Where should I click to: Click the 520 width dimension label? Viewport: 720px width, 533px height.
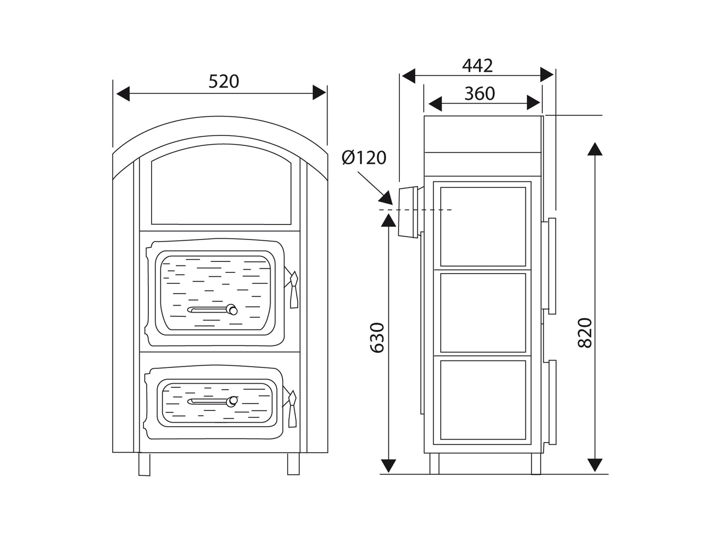tap(223, 81)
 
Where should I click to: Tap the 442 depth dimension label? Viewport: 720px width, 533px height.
tap(477, 66)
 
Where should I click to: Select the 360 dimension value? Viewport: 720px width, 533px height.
tap(480, 94)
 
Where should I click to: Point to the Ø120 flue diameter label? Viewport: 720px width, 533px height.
tap(364, 158)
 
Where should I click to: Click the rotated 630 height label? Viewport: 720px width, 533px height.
tap(377, 338)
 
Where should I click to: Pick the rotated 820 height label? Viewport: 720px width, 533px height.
tap(585, 333)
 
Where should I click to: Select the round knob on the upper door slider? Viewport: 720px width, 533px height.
tap(232, 310)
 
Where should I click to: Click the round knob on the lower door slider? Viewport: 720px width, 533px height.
tap(232, 401)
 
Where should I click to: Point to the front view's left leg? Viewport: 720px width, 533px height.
tap(144, 464)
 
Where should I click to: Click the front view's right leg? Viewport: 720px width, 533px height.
tap(293, 464)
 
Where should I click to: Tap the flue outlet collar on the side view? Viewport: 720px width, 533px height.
tap(408, 212)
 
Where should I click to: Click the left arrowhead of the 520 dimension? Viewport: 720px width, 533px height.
tap(123, 93)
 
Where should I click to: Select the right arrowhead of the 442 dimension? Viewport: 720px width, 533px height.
tap(547, 75)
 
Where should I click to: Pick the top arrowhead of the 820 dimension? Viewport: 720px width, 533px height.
tap(595, 149)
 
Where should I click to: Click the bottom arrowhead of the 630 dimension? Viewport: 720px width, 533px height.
tap(388, 466)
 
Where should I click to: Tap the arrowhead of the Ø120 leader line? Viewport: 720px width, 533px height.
tap(386, 198)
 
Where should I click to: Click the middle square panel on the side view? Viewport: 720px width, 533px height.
tap(483, 313)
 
